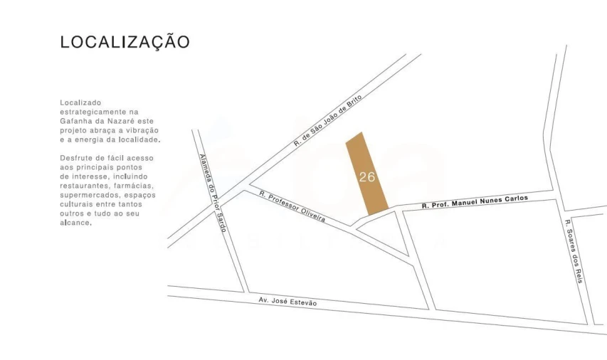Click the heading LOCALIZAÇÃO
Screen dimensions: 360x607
(x=125, y=43)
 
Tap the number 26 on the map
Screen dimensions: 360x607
(x=367, y=177)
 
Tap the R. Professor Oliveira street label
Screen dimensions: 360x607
(x=292, y=207)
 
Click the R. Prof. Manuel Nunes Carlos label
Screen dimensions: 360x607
(x=475, y=202)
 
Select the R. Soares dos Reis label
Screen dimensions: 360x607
(x=574, y=251)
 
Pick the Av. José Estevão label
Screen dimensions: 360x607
(x=287, y=302)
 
